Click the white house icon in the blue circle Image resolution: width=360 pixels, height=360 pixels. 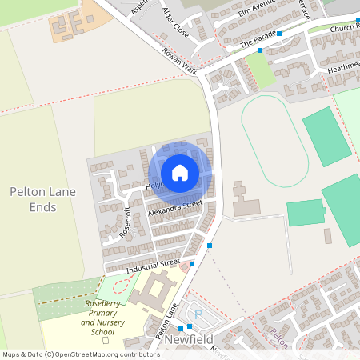[x=180, y=172]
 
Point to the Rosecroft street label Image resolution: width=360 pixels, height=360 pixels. [x=125, y=222]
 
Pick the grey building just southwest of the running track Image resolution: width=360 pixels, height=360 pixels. [x=244, y=200]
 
